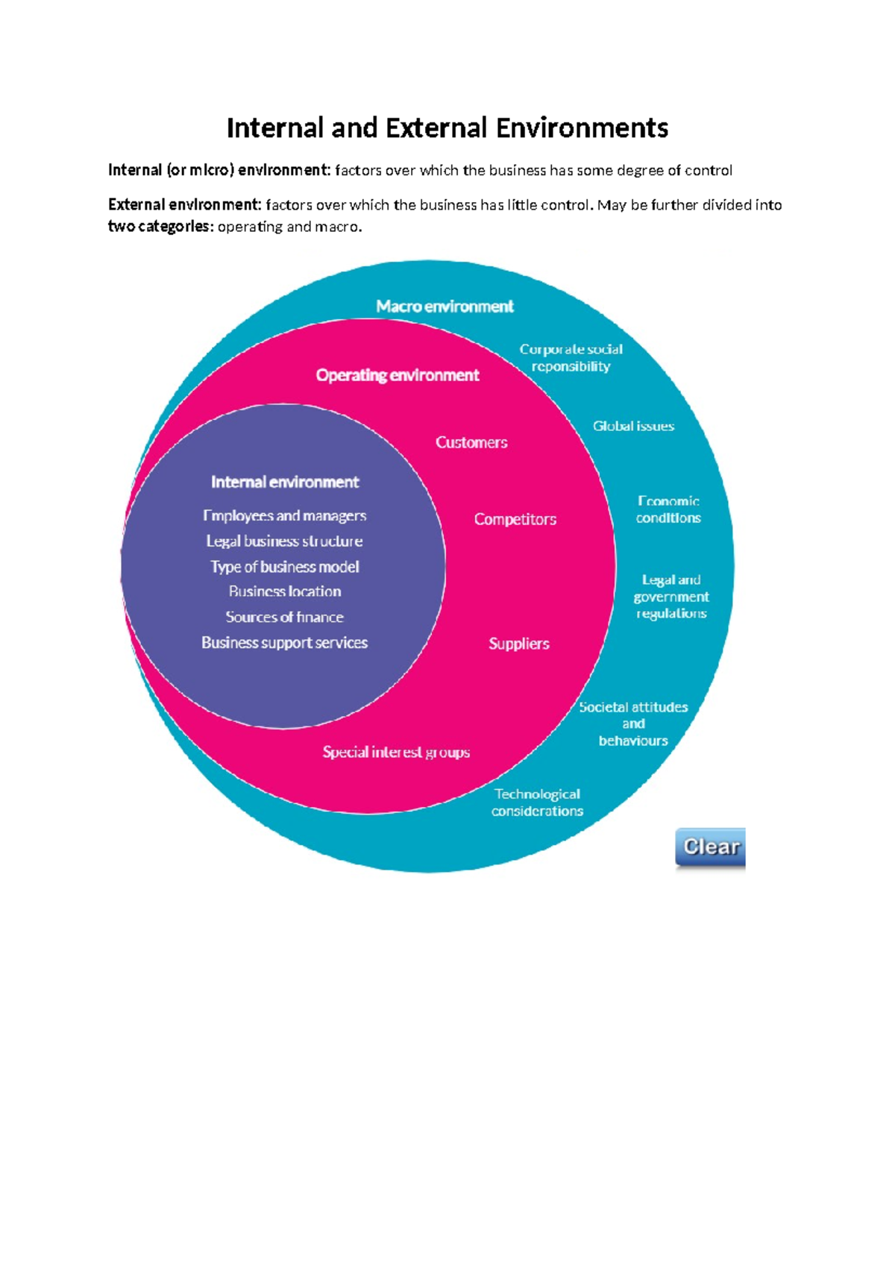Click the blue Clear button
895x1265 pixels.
710,847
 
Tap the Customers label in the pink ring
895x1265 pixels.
471,442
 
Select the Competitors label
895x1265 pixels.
515,519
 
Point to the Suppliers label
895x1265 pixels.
519,644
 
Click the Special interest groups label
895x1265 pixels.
396,752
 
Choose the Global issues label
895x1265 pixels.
633,426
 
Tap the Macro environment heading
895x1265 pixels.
445,307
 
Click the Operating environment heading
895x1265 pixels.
397,375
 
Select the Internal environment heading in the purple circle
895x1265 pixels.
285,482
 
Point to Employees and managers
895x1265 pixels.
284,515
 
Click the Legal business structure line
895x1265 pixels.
284,541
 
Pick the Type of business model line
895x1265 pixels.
284,567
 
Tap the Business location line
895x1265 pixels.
284,591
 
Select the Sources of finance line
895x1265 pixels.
284,617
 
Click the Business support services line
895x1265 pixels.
284,642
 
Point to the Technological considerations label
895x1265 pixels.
537,803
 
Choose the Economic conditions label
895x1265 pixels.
668,509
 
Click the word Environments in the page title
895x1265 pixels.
582,128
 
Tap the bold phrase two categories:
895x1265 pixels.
160,227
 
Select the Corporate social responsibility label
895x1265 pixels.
571,357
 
